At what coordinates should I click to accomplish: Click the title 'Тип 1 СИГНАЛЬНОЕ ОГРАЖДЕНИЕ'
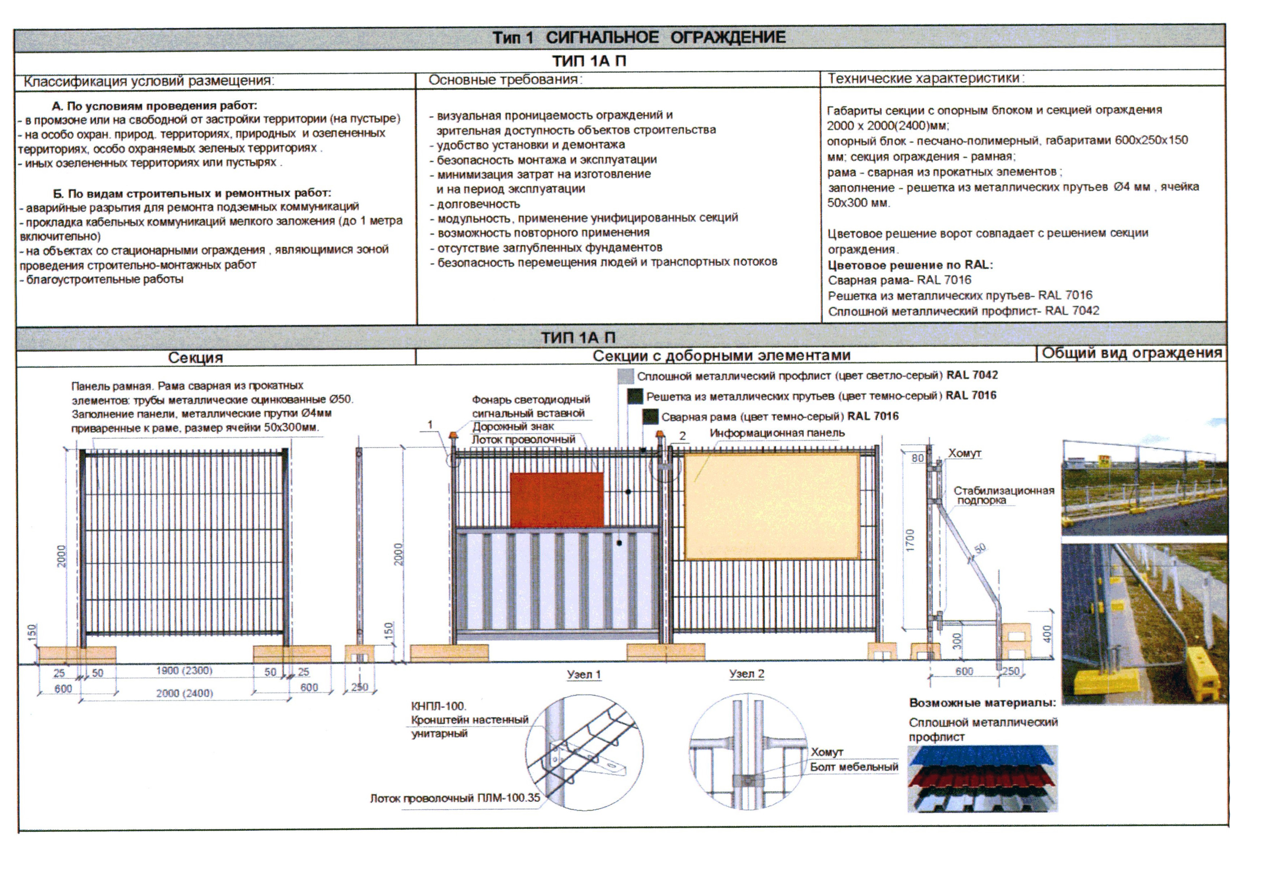[x=639, y=38]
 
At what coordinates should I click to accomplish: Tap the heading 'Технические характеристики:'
[x=925, y=79]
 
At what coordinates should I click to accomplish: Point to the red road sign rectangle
[x=556, y=500]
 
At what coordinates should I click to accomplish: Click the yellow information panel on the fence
[x=771, y=506]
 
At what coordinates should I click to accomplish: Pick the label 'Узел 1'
[x=583, y=675]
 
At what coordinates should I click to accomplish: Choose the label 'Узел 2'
[x=746, y=674]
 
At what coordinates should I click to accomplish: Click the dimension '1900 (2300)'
[x=184, y=671]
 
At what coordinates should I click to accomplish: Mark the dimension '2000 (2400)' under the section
[x=184, y=693]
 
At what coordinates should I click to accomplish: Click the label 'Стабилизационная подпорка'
[x=1003, y=495]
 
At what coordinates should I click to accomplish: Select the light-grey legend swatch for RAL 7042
[x=625, y=377]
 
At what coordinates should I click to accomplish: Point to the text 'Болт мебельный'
[x=854, y=767]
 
